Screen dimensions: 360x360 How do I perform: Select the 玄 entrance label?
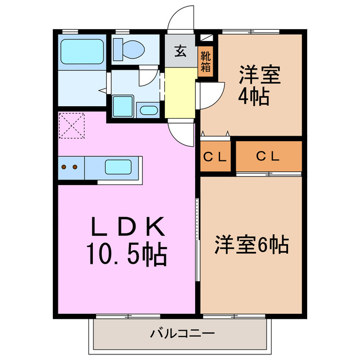tap(180, 52)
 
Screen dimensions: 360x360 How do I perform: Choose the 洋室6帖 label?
tap(251, 245)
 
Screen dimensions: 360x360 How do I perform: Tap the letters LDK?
tap(127, 227)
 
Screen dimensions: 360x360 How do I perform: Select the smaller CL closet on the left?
tap(215, 157)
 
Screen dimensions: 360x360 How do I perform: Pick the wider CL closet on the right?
tap(268, 157)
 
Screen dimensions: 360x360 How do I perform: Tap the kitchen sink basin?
tap(119, 167)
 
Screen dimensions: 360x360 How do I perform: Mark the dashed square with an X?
tap(71, 125)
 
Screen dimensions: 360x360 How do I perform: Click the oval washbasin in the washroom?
tap(148, 110)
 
